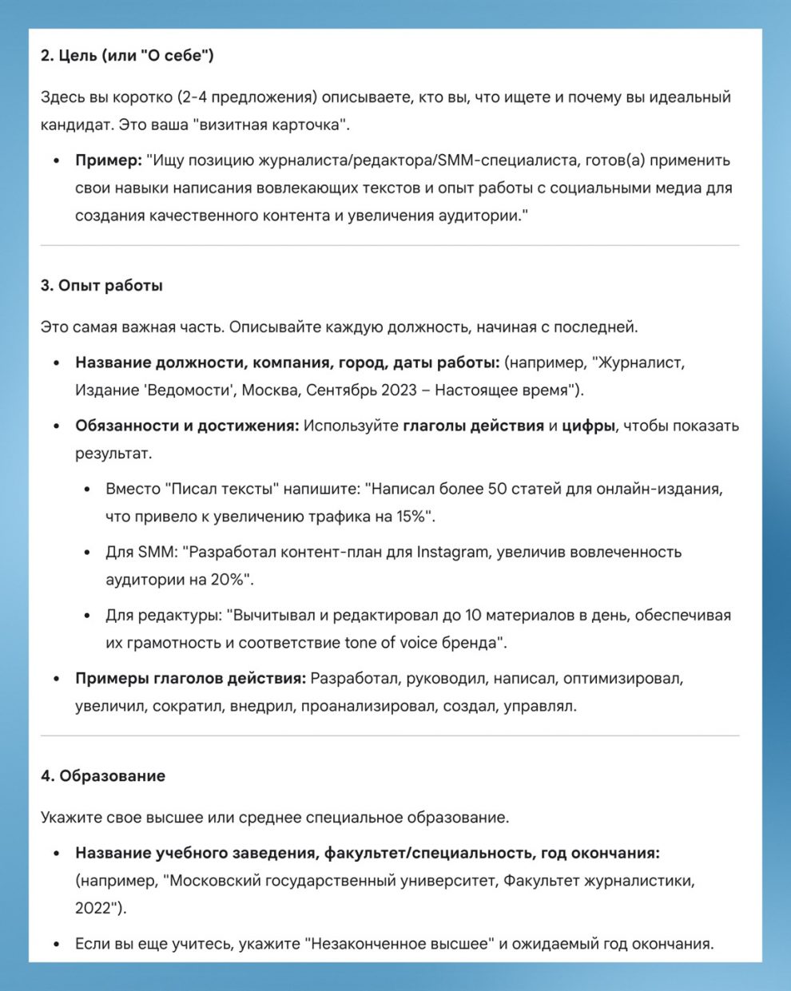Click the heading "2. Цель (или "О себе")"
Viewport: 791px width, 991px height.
(x=127, y=56)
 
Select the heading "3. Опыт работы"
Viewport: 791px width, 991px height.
(x=101, y=286)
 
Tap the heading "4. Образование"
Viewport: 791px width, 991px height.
(x=103, y=776)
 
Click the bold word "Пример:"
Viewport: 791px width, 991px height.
(x=108, y=161)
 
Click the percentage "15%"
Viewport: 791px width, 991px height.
(x=414, y=517)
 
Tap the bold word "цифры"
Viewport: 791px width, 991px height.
(x=588, y=426)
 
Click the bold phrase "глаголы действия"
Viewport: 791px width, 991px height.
(x=473, y=426)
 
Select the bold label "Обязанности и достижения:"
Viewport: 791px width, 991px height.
(x=187, y=426)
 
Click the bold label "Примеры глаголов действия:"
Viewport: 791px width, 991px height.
(x=190, y=679)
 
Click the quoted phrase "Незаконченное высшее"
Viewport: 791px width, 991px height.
(x=399, y=944)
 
